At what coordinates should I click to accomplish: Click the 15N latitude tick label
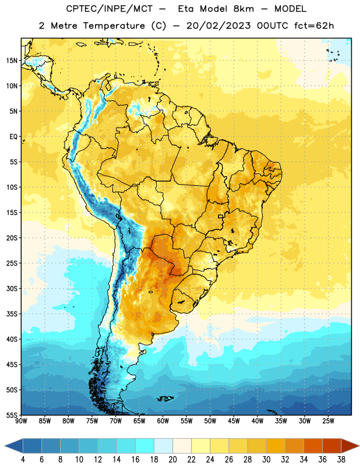click(x=12, y=61)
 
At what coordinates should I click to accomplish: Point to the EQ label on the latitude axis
click(x=13, y=137)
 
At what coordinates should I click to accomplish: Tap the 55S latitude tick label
click(x=12, y=415)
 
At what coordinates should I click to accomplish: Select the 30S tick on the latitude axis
click(x=12, y=288)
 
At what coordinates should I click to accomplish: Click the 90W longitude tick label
click(x=21, y=421)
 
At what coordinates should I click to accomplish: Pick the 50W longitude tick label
click(x=210, y=421)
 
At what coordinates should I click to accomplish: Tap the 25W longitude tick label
click(x=328, y=421)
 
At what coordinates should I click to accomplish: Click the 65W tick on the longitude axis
click(x=139, y=421)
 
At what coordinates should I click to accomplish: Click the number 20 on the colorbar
click(x=172, y=460)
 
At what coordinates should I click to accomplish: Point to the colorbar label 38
click(x=341, y=460)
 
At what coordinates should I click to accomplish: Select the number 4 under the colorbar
click(x=23, y=460)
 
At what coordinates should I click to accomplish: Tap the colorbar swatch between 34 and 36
click(x=313, y=446)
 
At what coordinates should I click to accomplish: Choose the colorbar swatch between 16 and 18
click(x=144, y=446)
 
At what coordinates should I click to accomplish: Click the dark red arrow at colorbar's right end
click(x=350, y=446)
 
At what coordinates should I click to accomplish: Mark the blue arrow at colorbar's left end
click(x=13, y=446)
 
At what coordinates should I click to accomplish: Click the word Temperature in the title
click(x=114, y=26)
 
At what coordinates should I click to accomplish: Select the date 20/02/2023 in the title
click(x=218, y=26)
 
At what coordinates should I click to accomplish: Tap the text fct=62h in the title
click(x=314, y=26)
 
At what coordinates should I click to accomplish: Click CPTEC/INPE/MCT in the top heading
click(x=109, y=9)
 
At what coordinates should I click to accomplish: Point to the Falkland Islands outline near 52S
click(x=165, y=398)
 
